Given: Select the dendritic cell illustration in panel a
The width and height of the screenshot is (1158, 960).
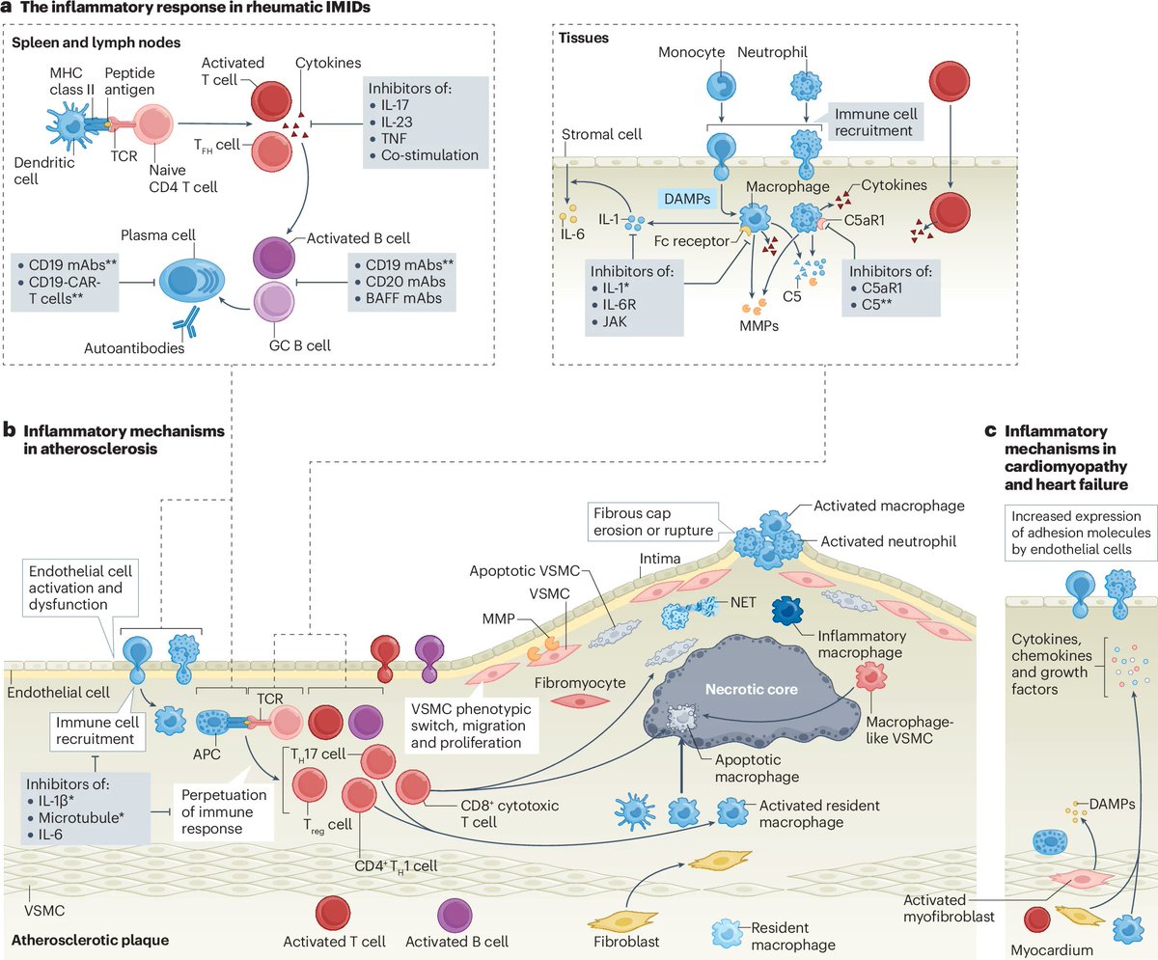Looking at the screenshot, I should pos(71,125).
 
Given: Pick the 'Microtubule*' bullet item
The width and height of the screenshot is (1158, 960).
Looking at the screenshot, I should pos(84,816).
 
